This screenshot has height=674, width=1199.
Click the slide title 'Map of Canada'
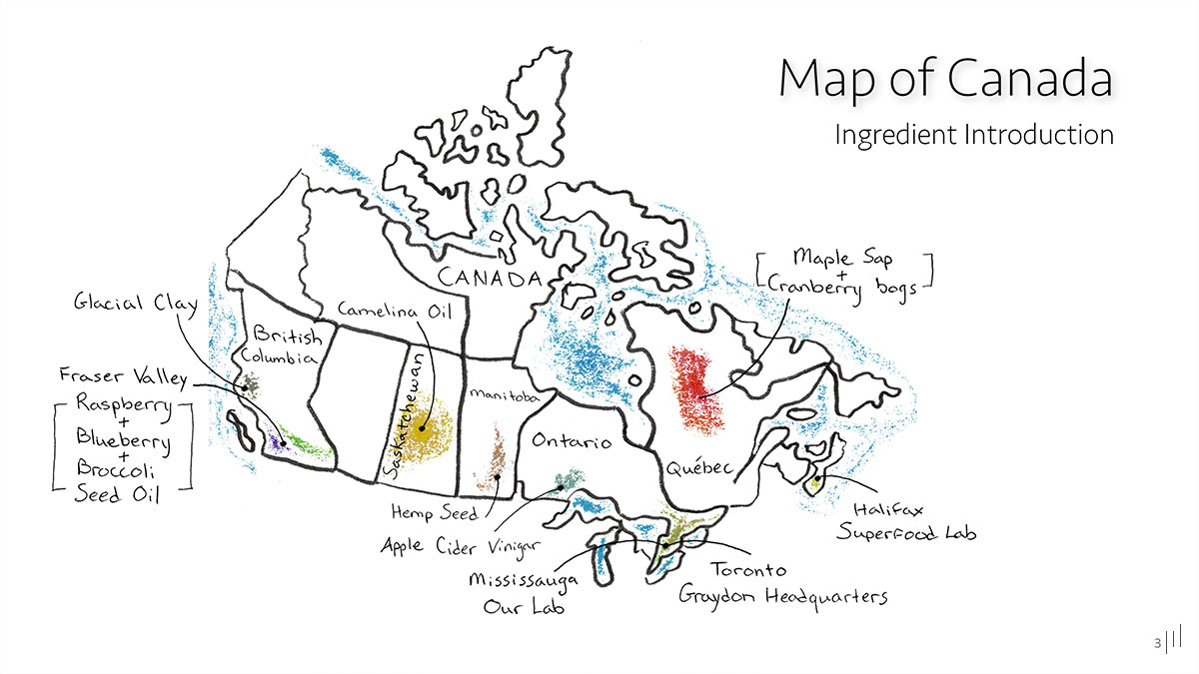[944, 78]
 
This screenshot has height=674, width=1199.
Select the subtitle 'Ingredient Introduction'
[973, 134]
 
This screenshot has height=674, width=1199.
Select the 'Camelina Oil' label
[395, 311]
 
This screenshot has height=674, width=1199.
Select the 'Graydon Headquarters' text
[782, 596]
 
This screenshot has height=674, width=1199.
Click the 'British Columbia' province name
[281, 345]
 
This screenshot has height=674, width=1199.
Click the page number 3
[1157, 643]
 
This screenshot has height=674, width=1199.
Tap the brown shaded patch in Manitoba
[494, 465]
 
